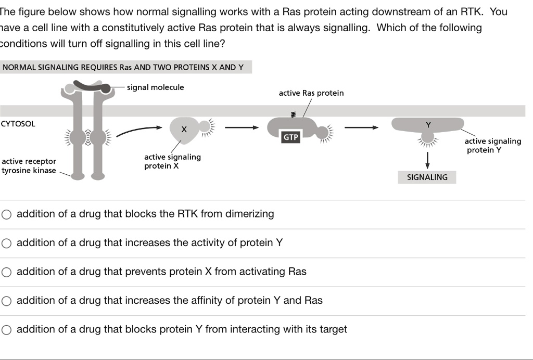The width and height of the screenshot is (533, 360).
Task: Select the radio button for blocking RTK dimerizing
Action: pyautogui.click(x=6, y=214)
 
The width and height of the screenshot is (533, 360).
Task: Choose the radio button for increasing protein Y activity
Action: pyautogui.click(x=6, y=243)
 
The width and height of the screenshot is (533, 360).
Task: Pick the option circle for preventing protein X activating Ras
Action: pyautogui.click(x=6, y=272)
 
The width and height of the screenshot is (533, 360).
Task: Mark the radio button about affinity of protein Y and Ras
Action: pyautogui.click(x=6, y=301)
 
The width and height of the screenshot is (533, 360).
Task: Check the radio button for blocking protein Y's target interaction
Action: pyautogui.click(x=6, y=330)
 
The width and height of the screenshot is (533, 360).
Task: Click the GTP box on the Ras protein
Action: pyautogui.click(x=290, y=137)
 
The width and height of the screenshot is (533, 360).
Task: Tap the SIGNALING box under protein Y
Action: pyautogui.click(x=427, y=177)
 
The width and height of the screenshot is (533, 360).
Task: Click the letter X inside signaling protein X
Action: pyautogui.click(x=184, y=129)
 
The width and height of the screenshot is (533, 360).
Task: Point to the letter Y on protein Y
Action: pyautogui.click(x=428, y=125)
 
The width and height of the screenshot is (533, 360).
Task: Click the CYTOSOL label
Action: pyautogui.click(x=18, y=124)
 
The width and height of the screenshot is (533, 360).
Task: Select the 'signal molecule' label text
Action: pyautogui.click(x=155, y=87)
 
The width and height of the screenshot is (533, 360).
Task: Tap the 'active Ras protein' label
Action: pyautogui.click(x=311, y=93)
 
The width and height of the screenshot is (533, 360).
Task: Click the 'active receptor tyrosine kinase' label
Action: pyautogui.click(x=29, y=166)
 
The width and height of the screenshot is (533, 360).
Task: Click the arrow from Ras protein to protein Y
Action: pyautogui.click(x=361, y=127)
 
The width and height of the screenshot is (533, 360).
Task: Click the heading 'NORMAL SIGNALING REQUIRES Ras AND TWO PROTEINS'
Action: pyautogui.click(x=123, y=67)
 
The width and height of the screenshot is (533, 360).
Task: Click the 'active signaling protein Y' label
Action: pyautogui.click(x=492, y=146)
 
